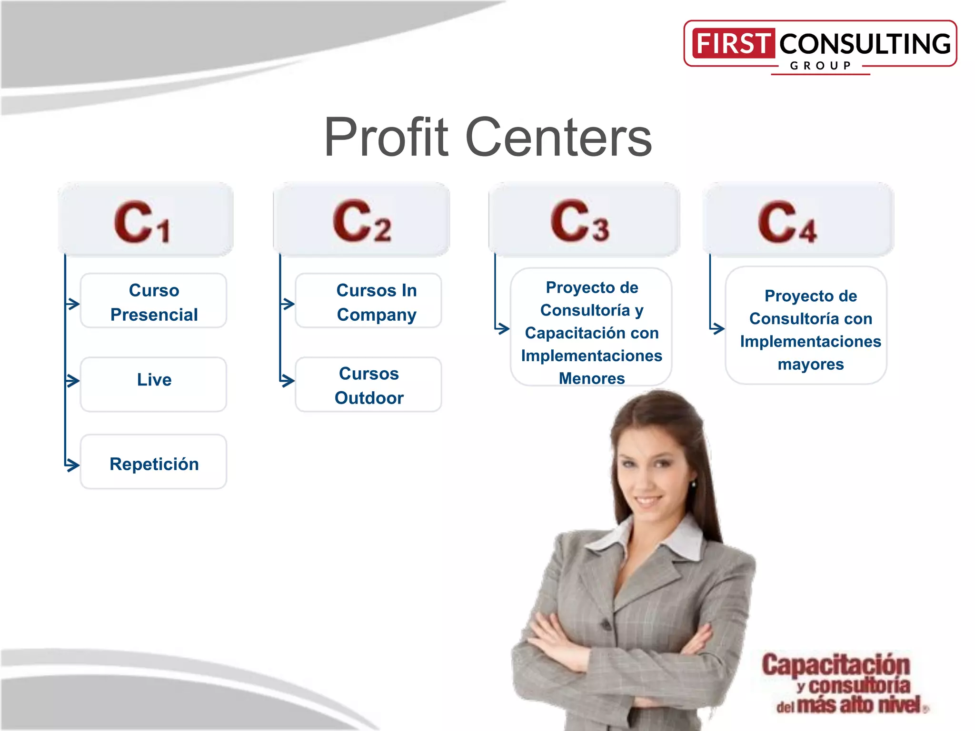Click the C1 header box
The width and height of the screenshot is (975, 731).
coord(146,220)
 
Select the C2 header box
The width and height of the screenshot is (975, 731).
coord(361,220)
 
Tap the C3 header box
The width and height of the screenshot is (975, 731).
coord(584,220)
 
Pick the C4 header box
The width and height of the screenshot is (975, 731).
coord(798,220)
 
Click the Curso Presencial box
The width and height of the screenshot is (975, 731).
coord(153,301)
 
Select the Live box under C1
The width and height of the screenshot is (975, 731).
coord(153,384)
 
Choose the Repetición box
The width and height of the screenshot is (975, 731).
coord(153,463)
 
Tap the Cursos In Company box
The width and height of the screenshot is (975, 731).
coord(368,301)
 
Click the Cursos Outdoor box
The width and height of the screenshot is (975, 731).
coord(368,385)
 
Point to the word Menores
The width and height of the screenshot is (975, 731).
coord(591,378)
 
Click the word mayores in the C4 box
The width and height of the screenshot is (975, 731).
coord(810,365)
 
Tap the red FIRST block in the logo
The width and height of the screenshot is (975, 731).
coord(733,43)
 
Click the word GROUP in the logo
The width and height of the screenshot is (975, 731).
coord(821,66)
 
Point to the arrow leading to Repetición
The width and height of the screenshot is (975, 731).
coord(72,465)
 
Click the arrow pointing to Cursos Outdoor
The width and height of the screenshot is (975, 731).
coord(287,381)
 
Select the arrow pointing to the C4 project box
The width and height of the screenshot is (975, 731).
coord(717,328)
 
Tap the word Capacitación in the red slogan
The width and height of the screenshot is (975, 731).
coord(836,665)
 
